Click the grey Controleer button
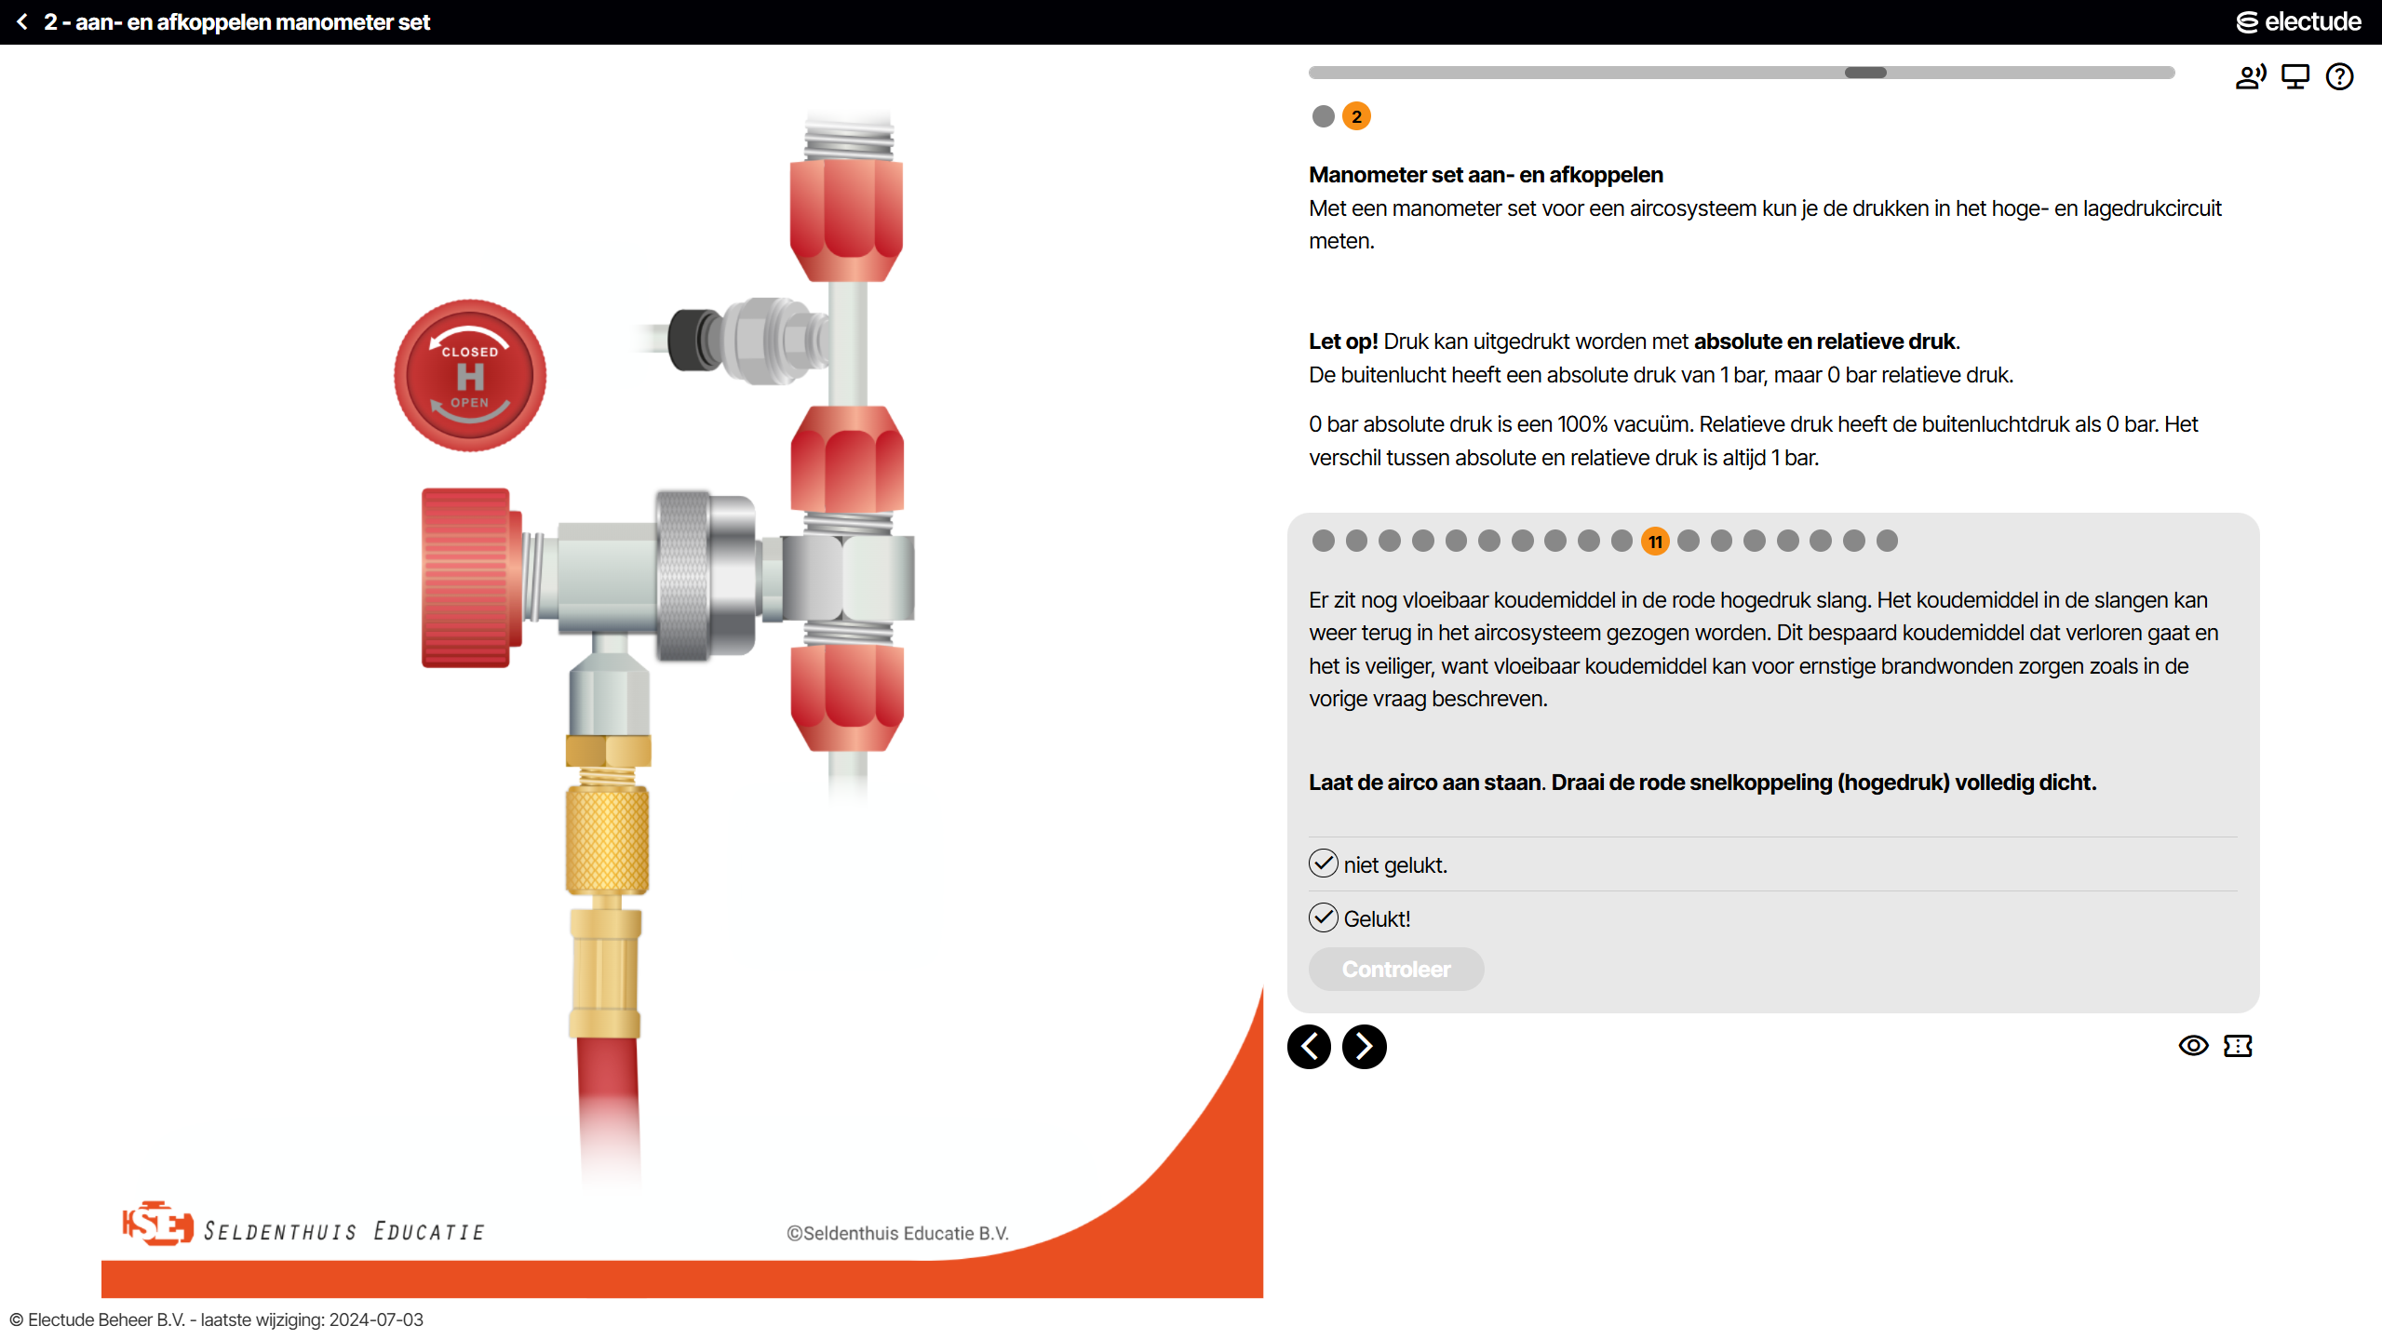[x=1395, y=969]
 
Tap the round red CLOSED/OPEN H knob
[x=470, y=376]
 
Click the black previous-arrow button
[x=1309, y=1047]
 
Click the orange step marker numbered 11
[x=1655, y=542]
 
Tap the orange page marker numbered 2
[x=1356, y=116]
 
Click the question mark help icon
[x=2339, y=76]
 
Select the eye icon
[x=2193, y=1046]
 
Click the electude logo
[x=2298, y=21]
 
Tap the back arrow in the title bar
[x=22, y=21]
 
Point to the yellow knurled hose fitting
[x=607, y=837]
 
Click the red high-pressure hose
[x=609, y=1107]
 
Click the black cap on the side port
[x=694, y=339]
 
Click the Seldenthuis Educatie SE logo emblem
[x=157, y=1224]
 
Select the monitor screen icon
[x=2295, y=76]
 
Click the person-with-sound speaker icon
[x=2251, y=76]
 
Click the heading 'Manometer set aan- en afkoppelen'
[x=1486, y=175]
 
